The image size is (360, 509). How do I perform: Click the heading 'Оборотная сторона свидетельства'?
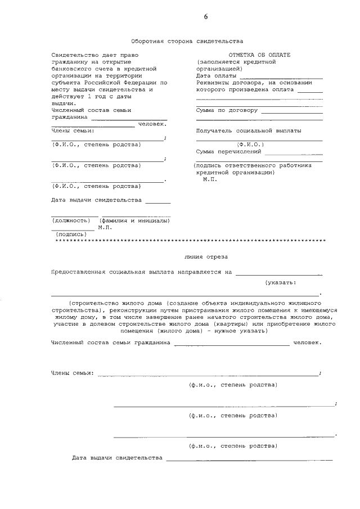click(187, 42)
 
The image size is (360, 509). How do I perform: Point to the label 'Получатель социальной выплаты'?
click(248, 130)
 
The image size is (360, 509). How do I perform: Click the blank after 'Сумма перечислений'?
click(294, 153)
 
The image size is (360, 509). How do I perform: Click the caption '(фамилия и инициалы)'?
click(135, 220)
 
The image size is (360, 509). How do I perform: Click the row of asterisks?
click(191, 241)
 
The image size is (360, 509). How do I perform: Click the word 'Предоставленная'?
click(79, 272)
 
